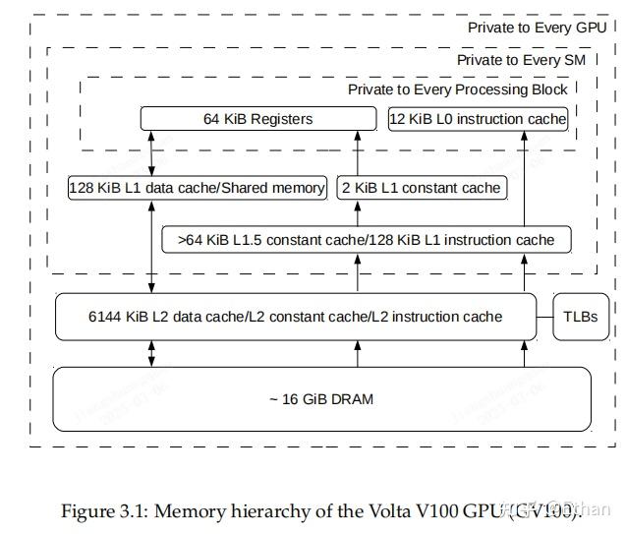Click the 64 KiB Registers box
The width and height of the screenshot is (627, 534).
point(257,119)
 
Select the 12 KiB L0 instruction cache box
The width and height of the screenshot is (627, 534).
point(478,119)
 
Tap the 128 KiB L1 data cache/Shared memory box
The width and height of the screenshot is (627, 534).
point(197,188)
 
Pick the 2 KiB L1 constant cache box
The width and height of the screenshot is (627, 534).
point(422,188)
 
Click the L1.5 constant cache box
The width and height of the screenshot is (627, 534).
point(366,240)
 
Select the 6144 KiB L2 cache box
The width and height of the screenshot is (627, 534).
point(295,317)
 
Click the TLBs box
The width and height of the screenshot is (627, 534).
point(580,317)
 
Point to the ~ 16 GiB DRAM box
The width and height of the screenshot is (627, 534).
point(321,399)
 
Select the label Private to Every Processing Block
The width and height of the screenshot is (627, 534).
point(457,89)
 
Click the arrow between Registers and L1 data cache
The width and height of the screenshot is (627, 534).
point(152,153)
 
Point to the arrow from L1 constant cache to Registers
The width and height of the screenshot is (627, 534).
point(358,153)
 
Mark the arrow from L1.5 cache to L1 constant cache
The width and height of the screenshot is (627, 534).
point(358,212)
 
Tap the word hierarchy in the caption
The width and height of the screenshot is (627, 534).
point(247,511)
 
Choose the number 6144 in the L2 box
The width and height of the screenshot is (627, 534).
point(104,317)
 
